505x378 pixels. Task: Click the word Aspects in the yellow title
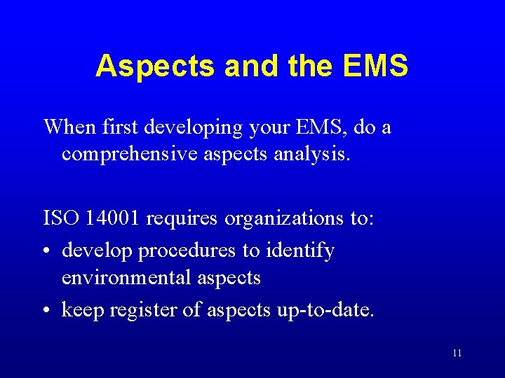(x=155, y=66)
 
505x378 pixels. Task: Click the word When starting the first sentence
(x=68, y=127)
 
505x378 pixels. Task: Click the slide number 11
(x=457, y=353)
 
